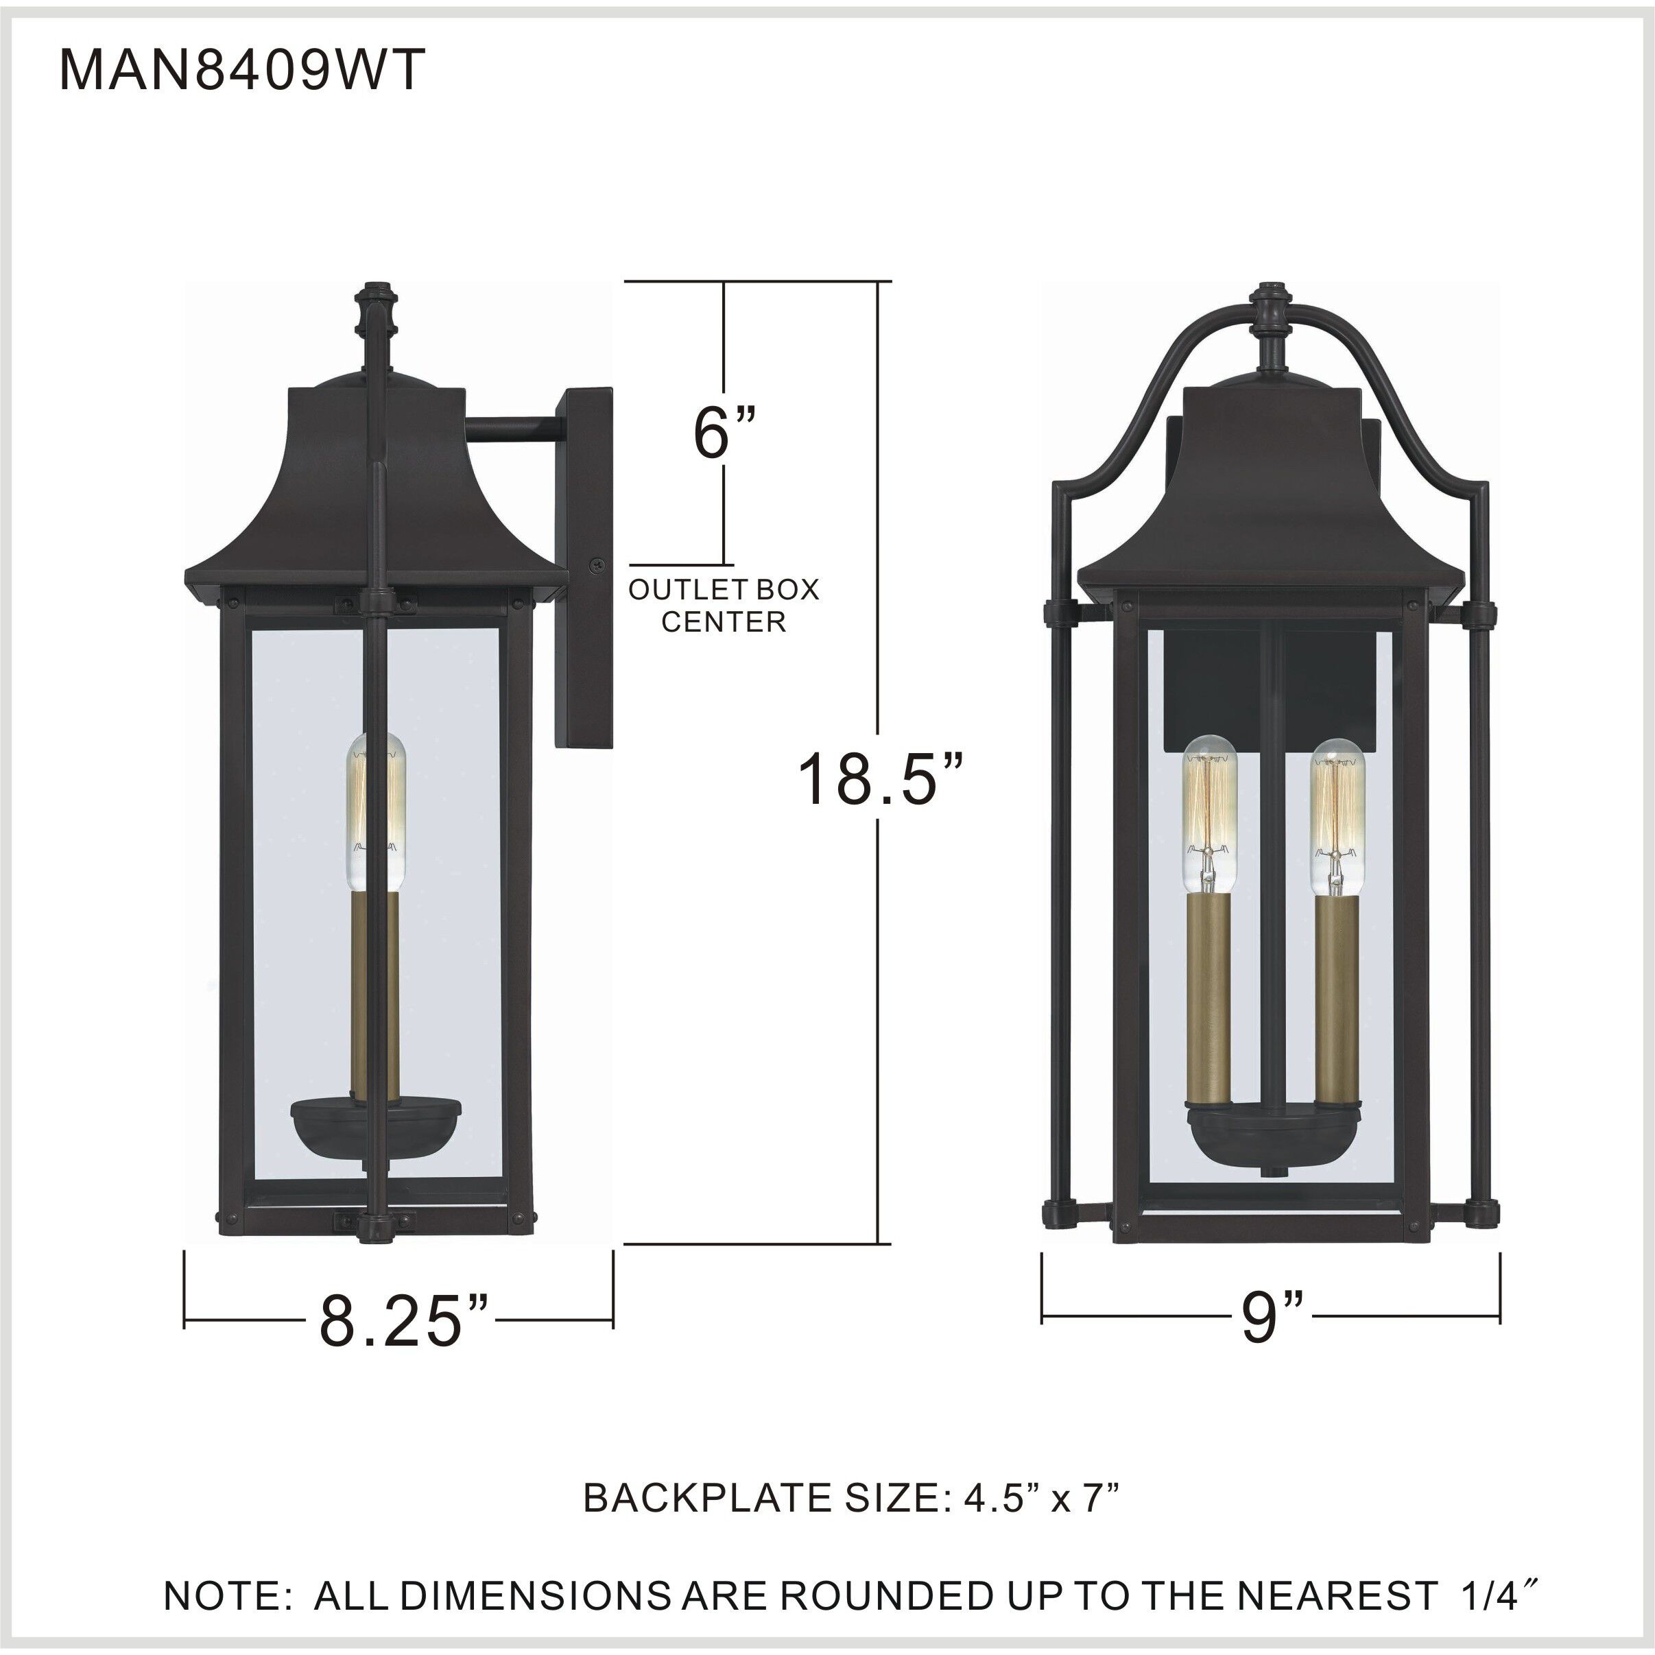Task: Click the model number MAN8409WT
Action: tap(241, 70)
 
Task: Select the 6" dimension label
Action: tap(725, 433)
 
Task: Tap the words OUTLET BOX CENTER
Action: tap(724, 605)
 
